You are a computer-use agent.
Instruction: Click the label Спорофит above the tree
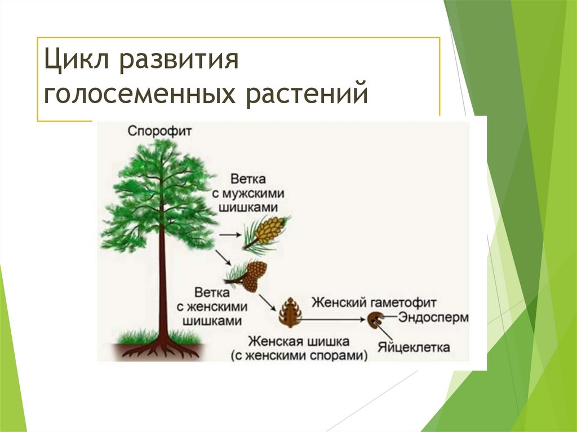click(159, 131)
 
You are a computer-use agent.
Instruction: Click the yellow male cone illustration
click(268, 230)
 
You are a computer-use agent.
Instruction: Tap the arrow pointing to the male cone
click(228, 233)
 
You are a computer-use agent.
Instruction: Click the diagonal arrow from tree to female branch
click(223, 257)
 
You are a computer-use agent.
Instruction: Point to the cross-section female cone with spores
click(290, 313)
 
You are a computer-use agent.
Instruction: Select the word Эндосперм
click(433, 317)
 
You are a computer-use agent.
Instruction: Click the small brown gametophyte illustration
click(374, 321)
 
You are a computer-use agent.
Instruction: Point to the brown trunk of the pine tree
click(162, 282)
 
